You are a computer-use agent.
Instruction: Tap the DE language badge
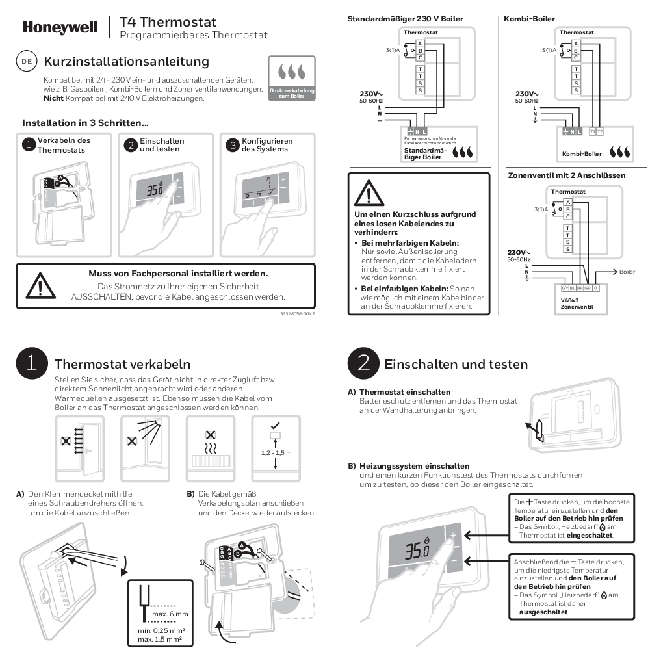click(27, 62)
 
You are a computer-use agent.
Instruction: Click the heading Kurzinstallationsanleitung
click(126, 62)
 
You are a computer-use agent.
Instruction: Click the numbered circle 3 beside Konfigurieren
click(232, 145)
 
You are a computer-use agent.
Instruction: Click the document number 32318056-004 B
click(298, 314)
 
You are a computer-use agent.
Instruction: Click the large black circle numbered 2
click(364, 363)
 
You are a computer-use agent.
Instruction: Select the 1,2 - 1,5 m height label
click(276, 452)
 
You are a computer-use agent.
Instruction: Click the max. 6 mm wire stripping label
click(170, 614)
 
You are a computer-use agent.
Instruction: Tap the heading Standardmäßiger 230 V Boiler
click(406, 19)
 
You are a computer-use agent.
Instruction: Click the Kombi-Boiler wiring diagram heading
click(530, 19)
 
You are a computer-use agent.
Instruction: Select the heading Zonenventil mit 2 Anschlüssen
click(566, 175)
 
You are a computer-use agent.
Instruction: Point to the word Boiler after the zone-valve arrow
click(627, 272)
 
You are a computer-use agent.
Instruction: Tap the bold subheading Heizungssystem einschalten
click(414, 466)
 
